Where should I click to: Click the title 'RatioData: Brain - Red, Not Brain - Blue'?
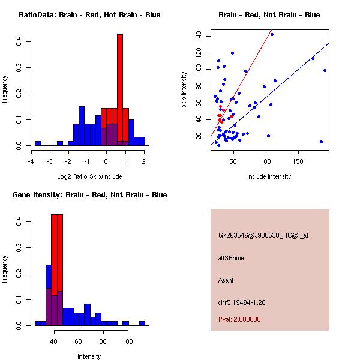coord(89,15)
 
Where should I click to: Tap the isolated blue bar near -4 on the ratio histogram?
coord(38,143)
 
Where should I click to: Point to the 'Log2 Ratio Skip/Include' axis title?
coord(89,176)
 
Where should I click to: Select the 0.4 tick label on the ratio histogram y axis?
coord(20,41)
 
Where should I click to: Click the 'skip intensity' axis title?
coord(184,90)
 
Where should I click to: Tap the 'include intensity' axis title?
coord(269,176)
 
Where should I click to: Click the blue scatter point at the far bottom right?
coord(322,142)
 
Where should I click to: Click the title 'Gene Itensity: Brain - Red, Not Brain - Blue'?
coord(89,195)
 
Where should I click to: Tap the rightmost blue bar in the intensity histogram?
coord(142,323)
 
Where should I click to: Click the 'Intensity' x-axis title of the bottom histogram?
coord(89,356)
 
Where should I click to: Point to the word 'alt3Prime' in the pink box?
coord(231,258)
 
